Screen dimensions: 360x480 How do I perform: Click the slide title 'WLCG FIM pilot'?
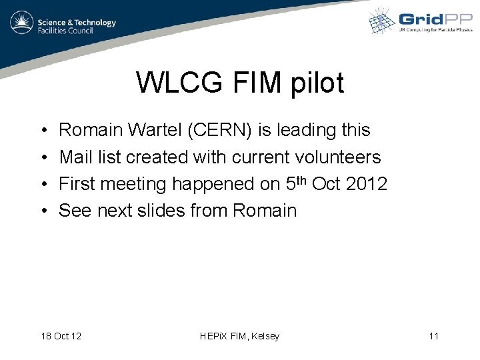click(240, 83)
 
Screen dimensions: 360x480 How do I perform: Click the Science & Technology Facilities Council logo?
click(63, 25)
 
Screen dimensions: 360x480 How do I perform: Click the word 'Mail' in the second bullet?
click(75, 157)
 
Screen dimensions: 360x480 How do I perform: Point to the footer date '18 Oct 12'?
click(61, 336)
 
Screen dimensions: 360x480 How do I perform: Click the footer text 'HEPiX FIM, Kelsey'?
click(240, 336)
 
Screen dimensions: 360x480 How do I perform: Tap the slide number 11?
click(434, 336)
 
